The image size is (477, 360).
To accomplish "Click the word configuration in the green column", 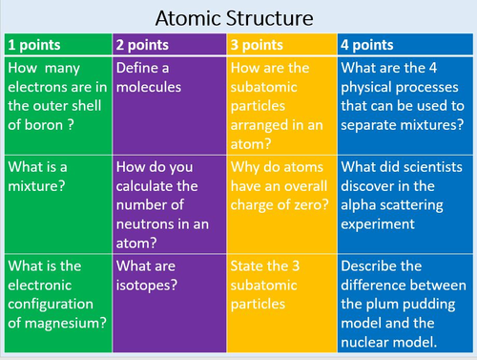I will [53, 303].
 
